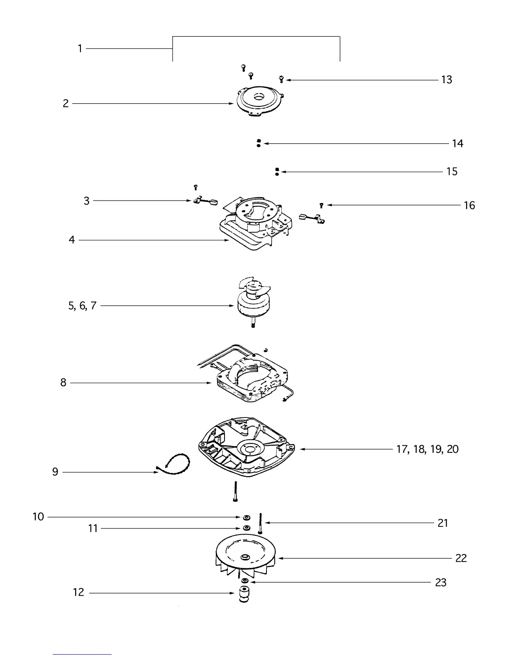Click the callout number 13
447,80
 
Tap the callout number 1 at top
80,49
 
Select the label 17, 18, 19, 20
427,449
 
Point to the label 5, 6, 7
83,306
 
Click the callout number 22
461,558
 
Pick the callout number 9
55,472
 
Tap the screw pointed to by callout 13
281,79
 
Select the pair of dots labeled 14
259,143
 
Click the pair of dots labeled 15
277,172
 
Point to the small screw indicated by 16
321,205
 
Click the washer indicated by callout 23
245,581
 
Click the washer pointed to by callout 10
246,518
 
